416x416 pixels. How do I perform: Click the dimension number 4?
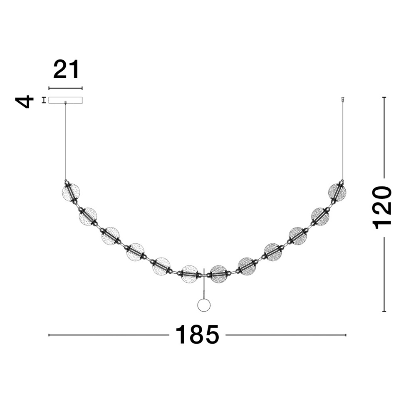25,102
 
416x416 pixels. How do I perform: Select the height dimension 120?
382,208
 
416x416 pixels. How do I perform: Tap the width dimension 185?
197,335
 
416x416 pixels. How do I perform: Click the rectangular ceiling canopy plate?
65,100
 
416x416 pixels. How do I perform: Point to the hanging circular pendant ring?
204,305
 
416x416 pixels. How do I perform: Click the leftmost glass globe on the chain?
71,192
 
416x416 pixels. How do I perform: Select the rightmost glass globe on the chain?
337,192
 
